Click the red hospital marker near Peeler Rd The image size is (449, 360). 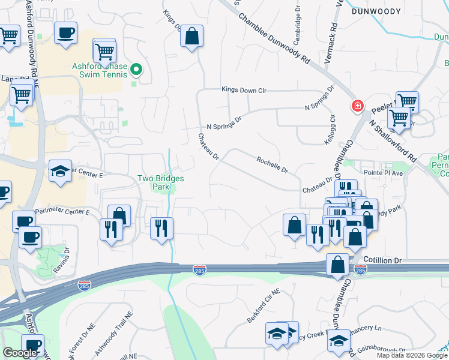[357, 106]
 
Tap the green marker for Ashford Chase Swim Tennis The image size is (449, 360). [136, 70]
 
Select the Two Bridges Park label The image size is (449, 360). [160, 182]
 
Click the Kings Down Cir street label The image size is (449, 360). [244, 90]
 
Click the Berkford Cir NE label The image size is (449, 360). [264, 307]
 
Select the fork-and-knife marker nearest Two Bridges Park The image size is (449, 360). [161, 228]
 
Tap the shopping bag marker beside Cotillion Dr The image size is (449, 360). [338, 264]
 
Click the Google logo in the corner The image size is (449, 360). [20, 353]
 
